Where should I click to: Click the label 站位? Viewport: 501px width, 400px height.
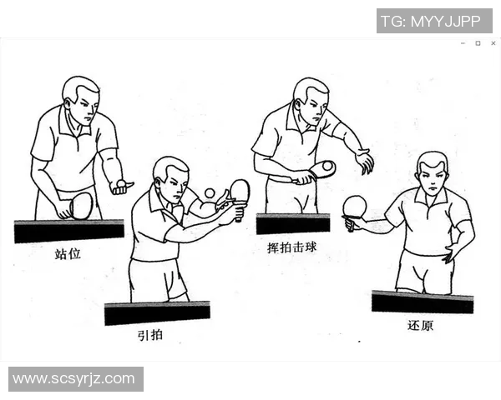pyautogui.click(x=68, y=253)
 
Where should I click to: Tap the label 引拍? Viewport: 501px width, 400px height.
pyautogui.click(x=151, y=336)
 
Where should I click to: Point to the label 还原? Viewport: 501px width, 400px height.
pyautogui.click(x=421, y=325)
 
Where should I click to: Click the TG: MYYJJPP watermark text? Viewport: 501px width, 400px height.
pyautogui.click(x=433, y=21)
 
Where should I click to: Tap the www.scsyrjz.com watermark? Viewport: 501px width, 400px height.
pyautogui.click(x=74, y=378)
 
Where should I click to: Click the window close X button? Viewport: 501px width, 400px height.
pyautogui.click(x=493, y=43)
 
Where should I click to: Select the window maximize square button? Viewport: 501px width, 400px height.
pyautogui.click(x=478, y=43)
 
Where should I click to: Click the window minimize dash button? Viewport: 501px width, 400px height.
pyautogui.click(x=463, y=43)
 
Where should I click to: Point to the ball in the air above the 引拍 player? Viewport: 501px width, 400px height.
pyautogui.click(x=210, y=192)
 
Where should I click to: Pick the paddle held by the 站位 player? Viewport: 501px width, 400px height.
pyautogui.click(x=81, y=205)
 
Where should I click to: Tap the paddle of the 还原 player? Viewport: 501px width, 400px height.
pyautogui.click(x=355, y=207)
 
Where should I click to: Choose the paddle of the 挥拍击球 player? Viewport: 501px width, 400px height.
pyautogui.click(x=321, y=169)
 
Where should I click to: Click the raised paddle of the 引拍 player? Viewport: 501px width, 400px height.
pyautogui.click(x=240, y=191)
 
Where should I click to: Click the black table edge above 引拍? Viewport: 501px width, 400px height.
pyautogui.click(x=157, y=313)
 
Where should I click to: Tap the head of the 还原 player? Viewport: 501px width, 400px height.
pyautogui.click(x=433, y=172)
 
